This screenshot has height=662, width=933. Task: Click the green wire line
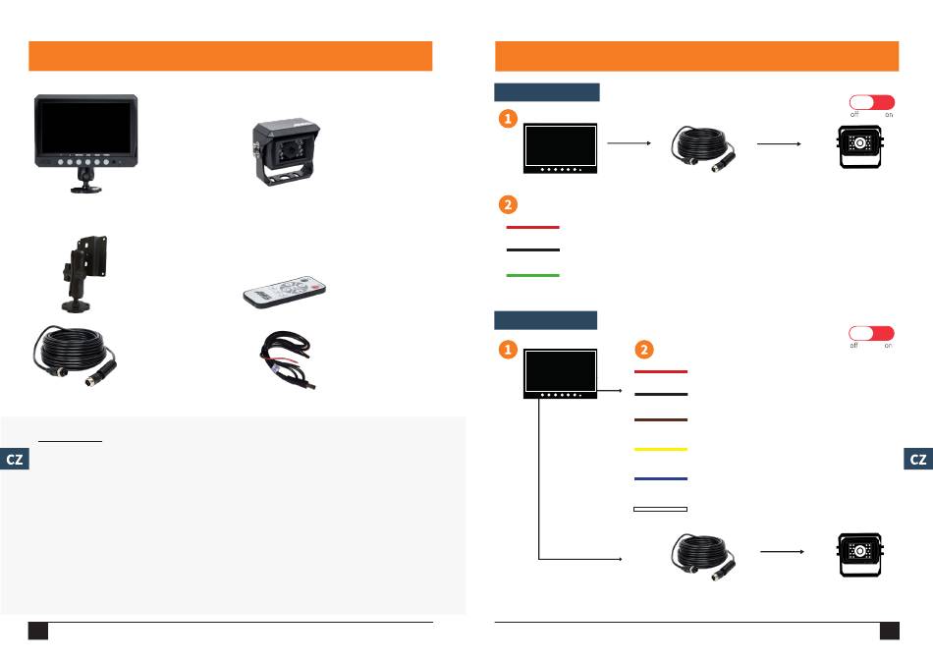click(x=532, y=275)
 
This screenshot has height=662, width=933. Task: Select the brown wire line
click(x=661, y=419)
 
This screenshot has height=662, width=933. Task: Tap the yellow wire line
click(x=661, y=449)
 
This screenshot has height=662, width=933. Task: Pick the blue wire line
click(x=661, y=478)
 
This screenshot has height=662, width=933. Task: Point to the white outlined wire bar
click(x=661, y=510)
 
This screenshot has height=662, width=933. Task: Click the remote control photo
click(x=285, y=292)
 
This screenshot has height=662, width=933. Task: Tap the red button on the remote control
click(x=316, y=287)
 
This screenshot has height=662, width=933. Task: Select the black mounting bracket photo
click(x=84, y=273)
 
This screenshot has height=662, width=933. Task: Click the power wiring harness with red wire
click(x=286, y=359)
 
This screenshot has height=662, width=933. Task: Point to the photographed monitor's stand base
click(x=86, y=189)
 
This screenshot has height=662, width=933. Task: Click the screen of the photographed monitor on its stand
click(x=85, y=128)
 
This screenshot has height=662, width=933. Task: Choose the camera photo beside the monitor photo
click(x=286, y=152)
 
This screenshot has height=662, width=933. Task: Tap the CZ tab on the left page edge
click(x=15, y=459)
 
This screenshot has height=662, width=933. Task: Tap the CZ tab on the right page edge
click(x=918, y=459)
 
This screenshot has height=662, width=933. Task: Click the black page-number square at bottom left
click(x=38, y=631)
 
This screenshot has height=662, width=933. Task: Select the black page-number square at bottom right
click(x=890, y=631)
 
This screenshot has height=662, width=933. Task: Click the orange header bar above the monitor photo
click(x=230, y=56)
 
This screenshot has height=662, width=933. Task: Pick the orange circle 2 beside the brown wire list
click(x=644, y=350)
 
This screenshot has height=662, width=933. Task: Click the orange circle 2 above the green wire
click(x=508, y=205)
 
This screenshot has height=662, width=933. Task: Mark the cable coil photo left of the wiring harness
click(x=75, y=356)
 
